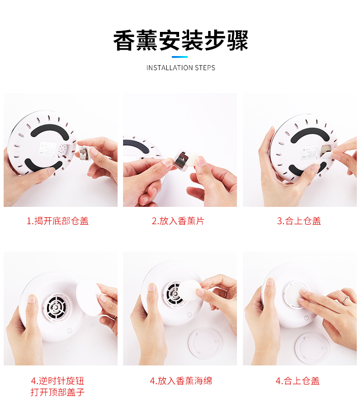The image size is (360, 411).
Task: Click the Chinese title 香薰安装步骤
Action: pyautogui.click(x=180, y=41)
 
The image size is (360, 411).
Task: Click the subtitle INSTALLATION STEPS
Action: pyautogui.click(x=180, y=68)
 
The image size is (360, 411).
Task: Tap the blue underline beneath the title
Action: pyautogui.click(x=180, y=57)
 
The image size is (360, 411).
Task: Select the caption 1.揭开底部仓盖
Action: pyautogui.click(x=58, y=221)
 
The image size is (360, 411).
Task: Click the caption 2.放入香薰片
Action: pyautogui.click(x=178, y=221)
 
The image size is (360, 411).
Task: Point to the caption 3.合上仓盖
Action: pyautogui.click(x=299, y=221)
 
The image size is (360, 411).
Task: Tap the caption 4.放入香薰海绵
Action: pyautogui.click(x=181, y=381)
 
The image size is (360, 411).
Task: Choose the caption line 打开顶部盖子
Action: pyautogui.click(x=58, y=392)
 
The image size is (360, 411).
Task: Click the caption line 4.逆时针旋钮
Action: pyautogui.click(x=58, y=381)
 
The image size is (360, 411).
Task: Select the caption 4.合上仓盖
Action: pyautogui.click(x=298, y=381)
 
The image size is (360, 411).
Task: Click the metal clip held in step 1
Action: pyautogui.click(x=84, y=154)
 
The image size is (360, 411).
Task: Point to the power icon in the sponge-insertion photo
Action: pyautogui.click(x=189, y=314)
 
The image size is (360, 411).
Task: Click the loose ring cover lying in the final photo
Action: pyautogui.click(x=312, y=347)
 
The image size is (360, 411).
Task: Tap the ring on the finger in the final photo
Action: pyautogui.click(x=345, y=299)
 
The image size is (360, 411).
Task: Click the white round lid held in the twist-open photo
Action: pyautogui.click(x=88, y=297)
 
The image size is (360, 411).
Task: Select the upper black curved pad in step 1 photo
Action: pyautogui.click(x=50, y=130)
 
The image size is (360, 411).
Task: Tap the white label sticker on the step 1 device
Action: pyautogui.click(x=47, y=149)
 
